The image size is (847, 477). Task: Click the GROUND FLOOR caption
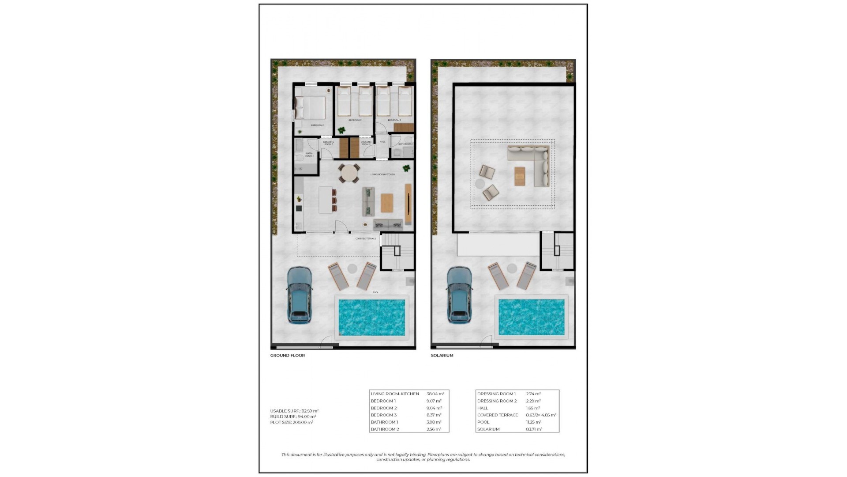pos(287,356)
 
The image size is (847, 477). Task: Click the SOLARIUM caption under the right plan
pos(442,356)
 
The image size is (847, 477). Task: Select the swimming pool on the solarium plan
pos(531,317)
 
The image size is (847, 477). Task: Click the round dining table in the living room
pos(349,173)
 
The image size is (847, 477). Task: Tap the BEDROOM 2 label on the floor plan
pos(355,120)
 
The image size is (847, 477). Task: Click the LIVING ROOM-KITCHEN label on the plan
pos(382,174)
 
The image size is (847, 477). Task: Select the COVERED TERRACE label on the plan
pos(366,239)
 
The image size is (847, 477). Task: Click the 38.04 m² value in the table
pos(435,394)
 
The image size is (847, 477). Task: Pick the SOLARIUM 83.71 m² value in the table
pos(534,429)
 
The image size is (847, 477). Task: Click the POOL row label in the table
pos(483,422)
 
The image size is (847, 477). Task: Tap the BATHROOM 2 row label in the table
pos(385,429)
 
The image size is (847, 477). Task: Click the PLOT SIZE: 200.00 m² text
pos(292,423)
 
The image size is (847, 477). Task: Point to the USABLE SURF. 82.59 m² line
pos(294,411)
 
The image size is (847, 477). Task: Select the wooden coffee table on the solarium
pos(520,176)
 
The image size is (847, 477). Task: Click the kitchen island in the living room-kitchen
pos(326,200)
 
